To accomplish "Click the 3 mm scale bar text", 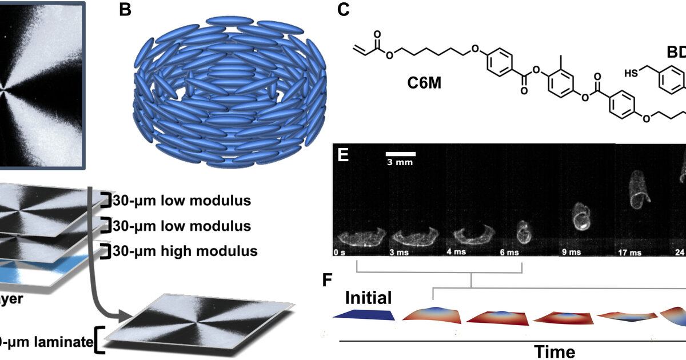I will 400,162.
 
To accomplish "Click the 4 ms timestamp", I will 456,252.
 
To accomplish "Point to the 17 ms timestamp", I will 628,252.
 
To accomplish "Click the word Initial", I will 368,298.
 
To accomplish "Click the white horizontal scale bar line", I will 400,153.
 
